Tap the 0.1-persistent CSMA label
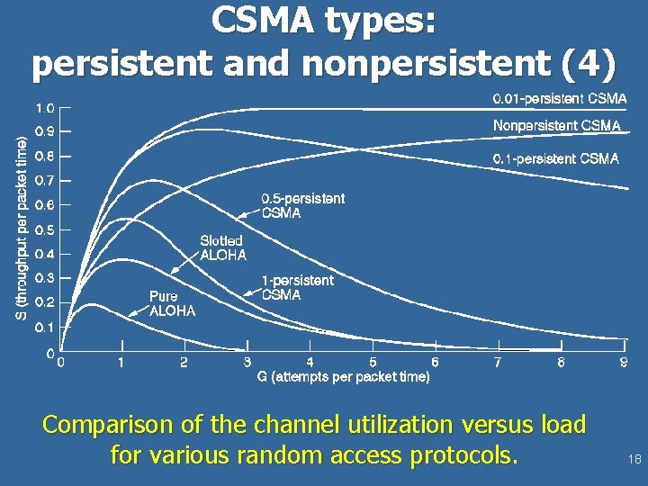pos(555,158)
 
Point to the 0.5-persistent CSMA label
pos(302,206)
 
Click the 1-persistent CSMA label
pos(297,288)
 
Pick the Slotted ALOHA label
pos(222,247)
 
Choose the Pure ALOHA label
pos(171,302)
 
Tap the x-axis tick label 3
pos(247,362)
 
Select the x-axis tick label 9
pos(624,362)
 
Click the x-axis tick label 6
pos(435,362)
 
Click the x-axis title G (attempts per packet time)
pos(343,377)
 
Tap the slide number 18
pos(634,459)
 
